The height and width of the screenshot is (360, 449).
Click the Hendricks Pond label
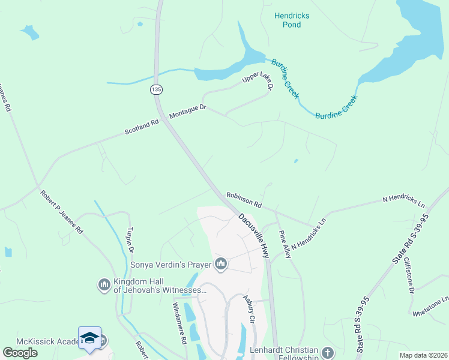pos(288,20)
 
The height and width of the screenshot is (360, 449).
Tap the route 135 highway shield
pos(156,89)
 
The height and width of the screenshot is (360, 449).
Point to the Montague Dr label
pos(188,111)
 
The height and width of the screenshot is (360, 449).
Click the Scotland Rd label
pos(142,127)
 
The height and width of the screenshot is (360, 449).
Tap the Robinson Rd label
pos(244,200)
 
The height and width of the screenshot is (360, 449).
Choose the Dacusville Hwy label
pos(253,236)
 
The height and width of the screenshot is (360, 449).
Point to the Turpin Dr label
pos(130,241)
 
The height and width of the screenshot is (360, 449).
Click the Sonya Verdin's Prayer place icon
pos(221,264)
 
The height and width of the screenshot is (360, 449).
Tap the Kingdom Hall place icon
pos(104,283)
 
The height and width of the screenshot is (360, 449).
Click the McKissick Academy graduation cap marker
pos(89,338)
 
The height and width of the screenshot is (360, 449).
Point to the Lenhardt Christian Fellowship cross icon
pos(327,352)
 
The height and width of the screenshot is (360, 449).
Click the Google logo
pos(20,353)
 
